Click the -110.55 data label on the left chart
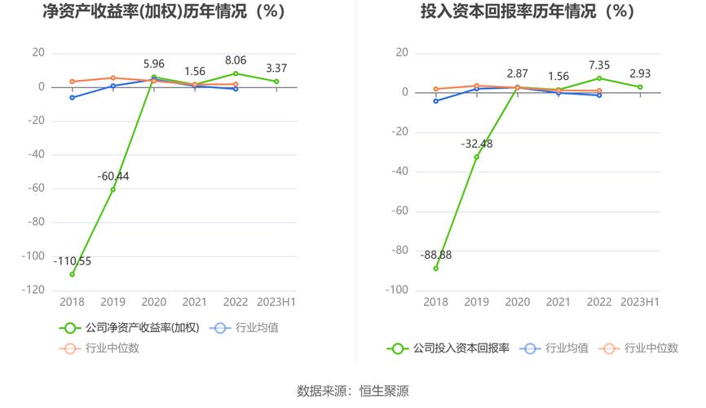(73, 261)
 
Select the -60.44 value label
(113, 176)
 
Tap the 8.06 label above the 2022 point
(235, 60)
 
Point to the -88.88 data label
(435, 255)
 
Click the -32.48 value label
(477, 144)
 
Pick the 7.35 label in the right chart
(599, 64)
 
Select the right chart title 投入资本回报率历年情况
(527, 12)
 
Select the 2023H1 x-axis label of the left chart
(276, 302)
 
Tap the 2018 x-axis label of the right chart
(435, 302)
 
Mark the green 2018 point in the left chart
(72, 274)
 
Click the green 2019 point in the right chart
(477, 157)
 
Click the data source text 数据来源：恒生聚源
(353, 391)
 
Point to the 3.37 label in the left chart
(276, 68)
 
